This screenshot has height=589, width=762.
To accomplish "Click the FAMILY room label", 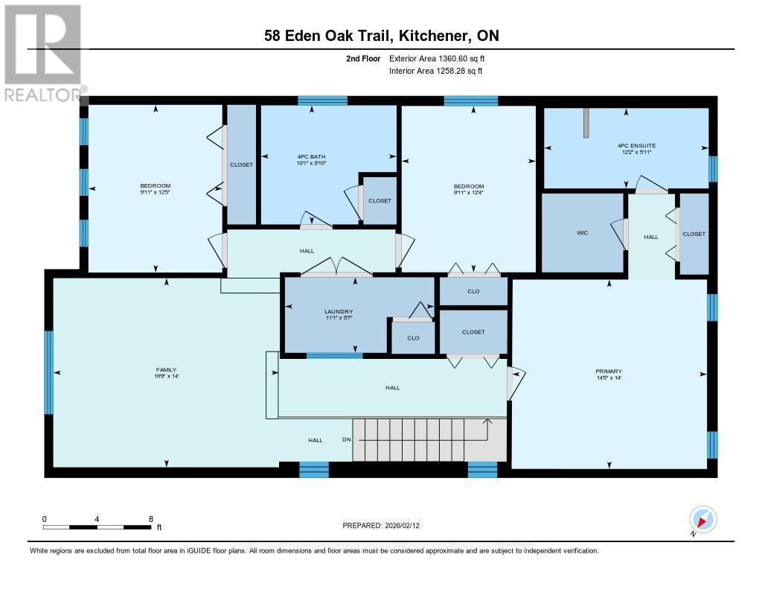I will (166, 369).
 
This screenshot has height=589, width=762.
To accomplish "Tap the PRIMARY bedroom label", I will (608, 371).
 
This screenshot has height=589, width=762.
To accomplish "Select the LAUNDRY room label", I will (338, 311).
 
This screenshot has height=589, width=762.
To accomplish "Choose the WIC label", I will (582, 233).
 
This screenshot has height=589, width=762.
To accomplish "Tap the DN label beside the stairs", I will (346, 440).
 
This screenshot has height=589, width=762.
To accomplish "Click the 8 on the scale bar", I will (151, 519).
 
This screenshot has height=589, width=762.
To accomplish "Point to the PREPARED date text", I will (385, 526).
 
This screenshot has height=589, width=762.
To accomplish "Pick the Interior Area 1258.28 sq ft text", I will (435, 71).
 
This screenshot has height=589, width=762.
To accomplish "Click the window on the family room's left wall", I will (49, 372).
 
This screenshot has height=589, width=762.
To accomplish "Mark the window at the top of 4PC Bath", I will (322, 101).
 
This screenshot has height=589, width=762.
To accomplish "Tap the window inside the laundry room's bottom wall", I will (334, 355).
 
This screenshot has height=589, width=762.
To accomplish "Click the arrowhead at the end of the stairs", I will (488, 422).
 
